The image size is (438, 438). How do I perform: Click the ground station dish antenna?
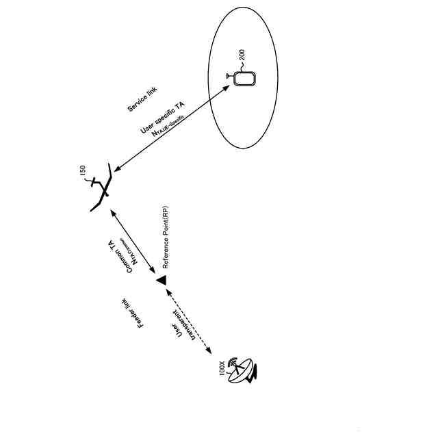point(242,370)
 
